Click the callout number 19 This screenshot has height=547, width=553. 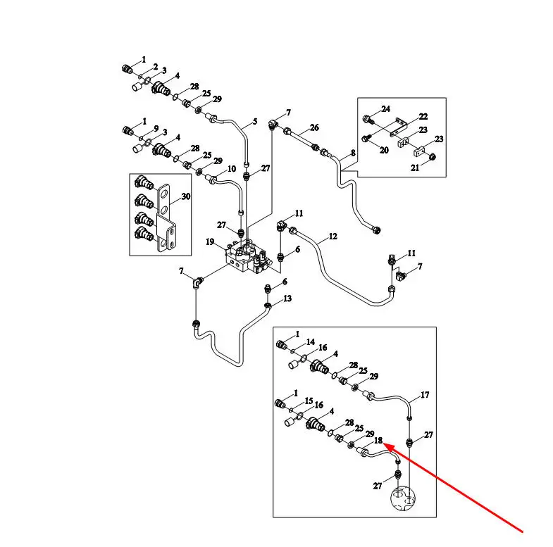[210, 241]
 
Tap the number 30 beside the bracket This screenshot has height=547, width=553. [186, 196]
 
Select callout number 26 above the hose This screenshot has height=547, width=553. [314, 127]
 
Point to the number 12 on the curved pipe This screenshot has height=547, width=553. [333, 236]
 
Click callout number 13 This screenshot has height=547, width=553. [287, 298]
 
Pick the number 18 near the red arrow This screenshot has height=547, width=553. [378, 440]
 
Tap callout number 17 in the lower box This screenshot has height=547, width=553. [425, 395]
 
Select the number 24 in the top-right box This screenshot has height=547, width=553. [386, 109]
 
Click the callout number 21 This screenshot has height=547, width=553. [415, 168]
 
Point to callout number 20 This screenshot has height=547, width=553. [384, 150]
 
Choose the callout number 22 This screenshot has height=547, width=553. [423, 116]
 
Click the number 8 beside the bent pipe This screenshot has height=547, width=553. [353, 153]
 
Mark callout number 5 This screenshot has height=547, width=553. [255, 122]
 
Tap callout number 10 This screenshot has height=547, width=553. [232, 169]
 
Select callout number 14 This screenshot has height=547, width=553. [311, 342]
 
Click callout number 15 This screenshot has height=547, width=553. [309, 401]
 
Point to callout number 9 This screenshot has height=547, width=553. [156, 129]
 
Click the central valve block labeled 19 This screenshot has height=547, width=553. [248, 256]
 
